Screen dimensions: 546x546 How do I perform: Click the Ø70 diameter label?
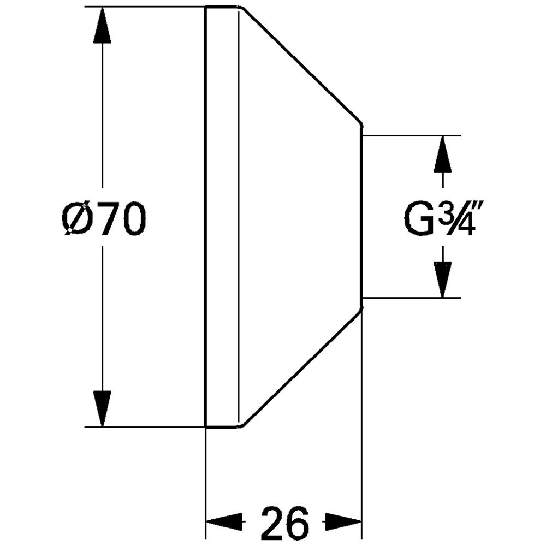(104, 219)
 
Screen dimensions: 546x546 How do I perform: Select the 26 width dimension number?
(285, 522)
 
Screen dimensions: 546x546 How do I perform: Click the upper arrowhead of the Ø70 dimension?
(102, 25)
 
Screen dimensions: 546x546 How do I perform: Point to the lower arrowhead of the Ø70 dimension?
(102, 408)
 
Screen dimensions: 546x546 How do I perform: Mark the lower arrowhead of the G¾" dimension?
(443, 280)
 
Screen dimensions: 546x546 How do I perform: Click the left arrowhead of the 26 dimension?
(224, 521)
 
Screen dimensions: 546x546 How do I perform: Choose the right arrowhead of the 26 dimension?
(343, 521)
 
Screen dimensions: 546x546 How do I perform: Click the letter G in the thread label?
(418, 219)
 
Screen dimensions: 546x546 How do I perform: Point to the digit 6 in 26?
(298, 522)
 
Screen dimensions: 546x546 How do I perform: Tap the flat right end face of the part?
(362, 216)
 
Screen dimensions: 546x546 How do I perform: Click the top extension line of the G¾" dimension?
(412, 135)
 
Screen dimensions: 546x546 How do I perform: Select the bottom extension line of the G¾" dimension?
(412, 298)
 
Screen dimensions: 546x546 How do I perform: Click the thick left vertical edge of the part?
(206, 216)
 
